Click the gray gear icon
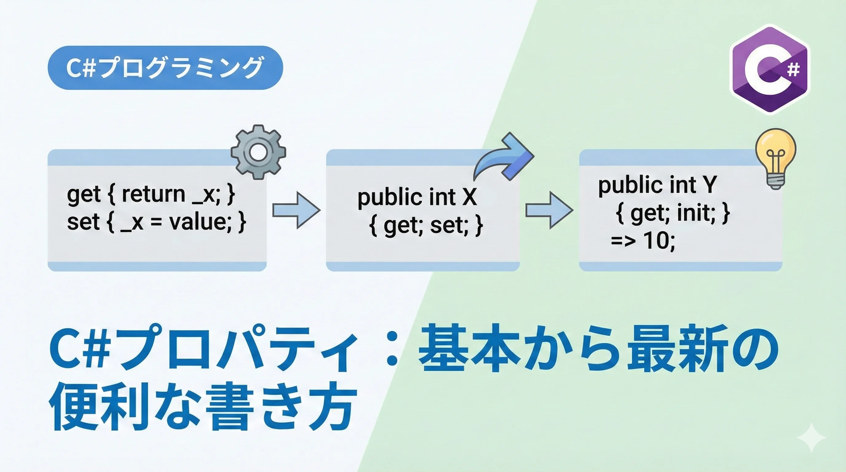point(259,152)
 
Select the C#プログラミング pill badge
point(165,68)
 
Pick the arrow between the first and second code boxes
point(296,210)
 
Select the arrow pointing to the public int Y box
point(549,210)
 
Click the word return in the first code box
point(153,194)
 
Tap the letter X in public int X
point(469,197)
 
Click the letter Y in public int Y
point(710,185)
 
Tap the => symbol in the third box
point(623,241)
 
